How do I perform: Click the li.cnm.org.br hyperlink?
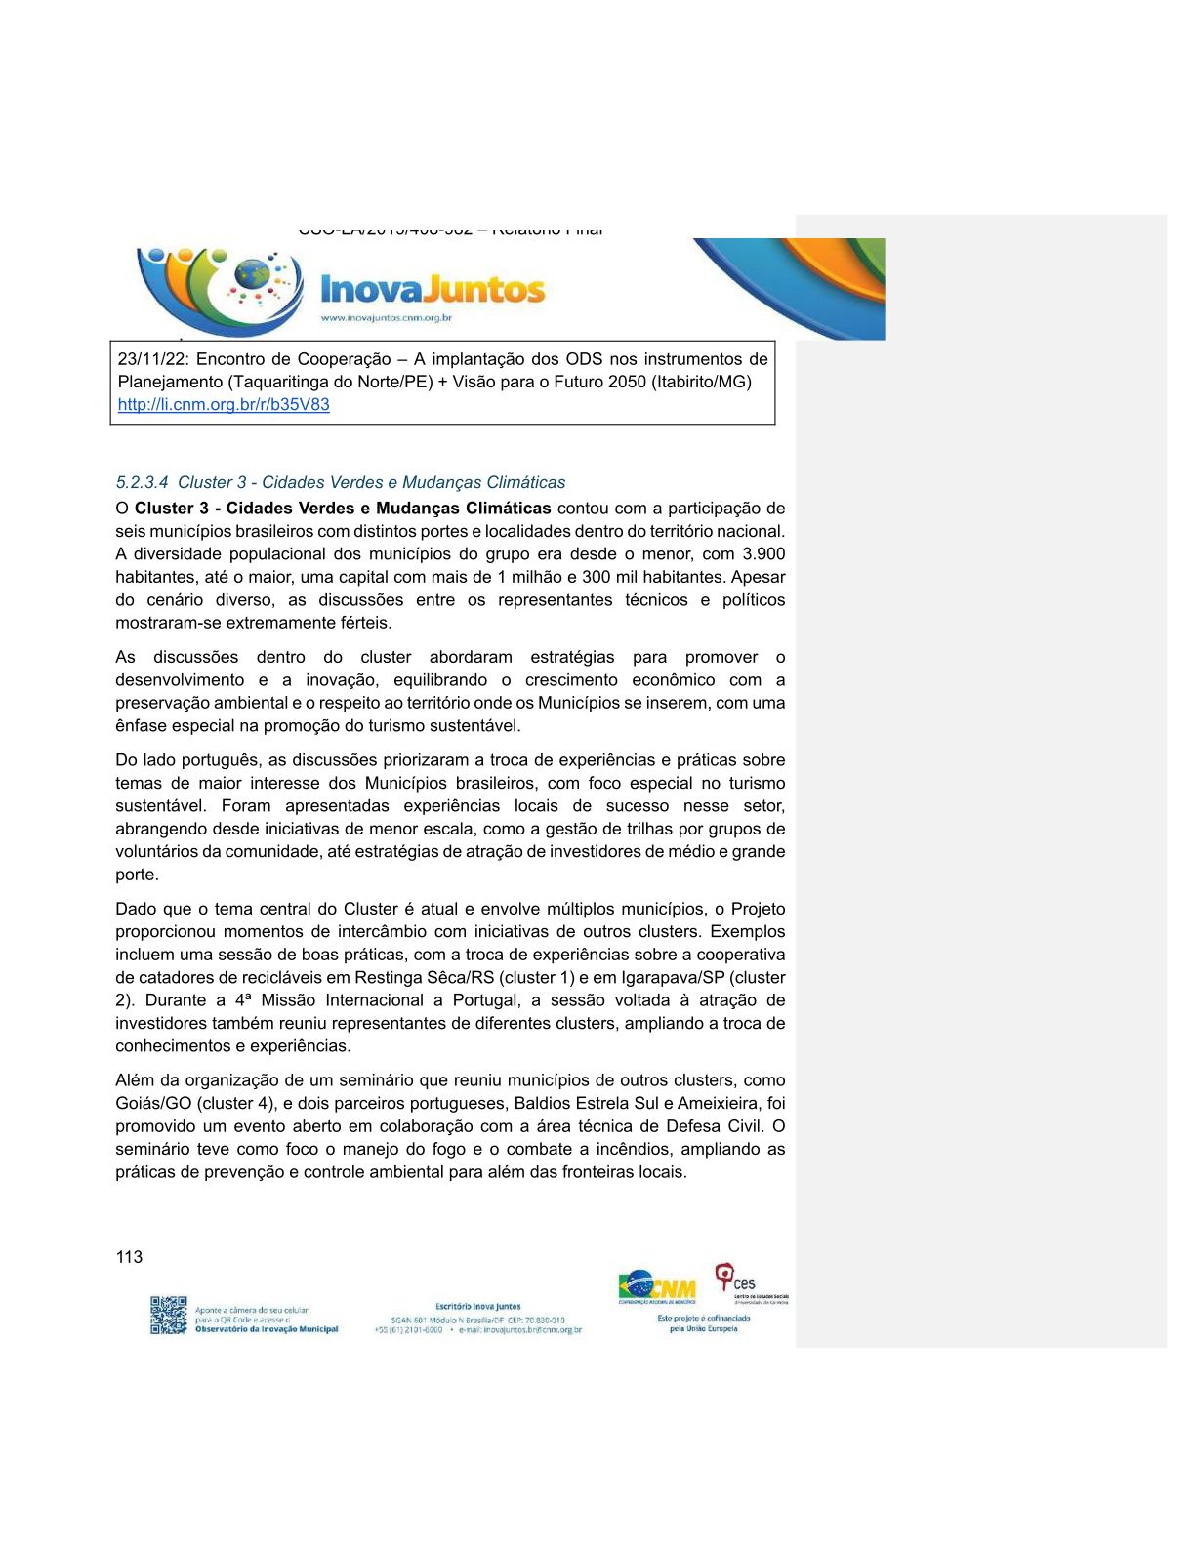[x=224, y=405]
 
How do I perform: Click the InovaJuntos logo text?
[x=433, y=290]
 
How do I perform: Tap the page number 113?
[x=129, y=1257]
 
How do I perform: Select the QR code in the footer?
[x=168, y=1315]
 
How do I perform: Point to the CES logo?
[x=737, y=1282]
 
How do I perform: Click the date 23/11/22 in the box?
[x=152, y=359]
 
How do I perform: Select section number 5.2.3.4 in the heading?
[x=142, y=482]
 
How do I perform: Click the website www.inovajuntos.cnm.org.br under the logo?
[x=386, y=318]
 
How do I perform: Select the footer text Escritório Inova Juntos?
[x=478, y=1306]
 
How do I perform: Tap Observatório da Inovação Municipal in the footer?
[x=267, y=1329]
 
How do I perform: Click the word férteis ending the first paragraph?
[x=364, y=623]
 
